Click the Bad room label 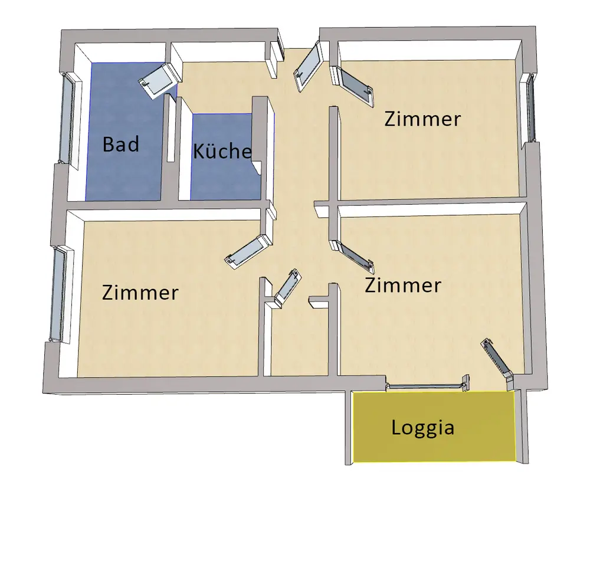tap(121, 144)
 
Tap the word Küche tap(222, 151)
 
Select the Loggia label tap(422, 427)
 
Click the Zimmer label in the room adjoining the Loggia tap(402, 286)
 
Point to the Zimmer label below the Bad tap(140, 293)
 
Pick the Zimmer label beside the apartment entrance tap(422, 119)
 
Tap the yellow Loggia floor tap(434, 448)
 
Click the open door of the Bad tap(158, 80)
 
